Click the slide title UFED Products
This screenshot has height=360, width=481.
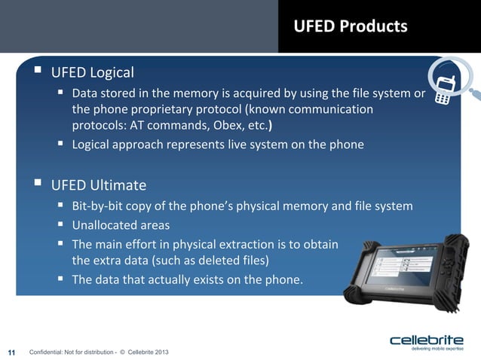[351, 26]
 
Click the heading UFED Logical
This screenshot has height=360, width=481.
[92, 73]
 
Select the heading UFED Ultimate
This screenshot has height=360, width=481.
[98, 185]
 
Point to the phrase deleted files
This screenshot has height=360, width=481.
[237, 261]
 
